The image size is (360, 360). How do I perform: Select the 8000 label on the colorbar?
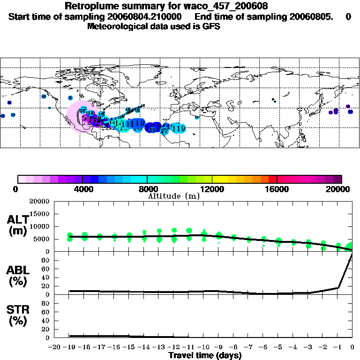(x=147, y=189)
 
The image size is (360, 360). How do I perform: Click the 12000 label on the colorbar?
(x=212, y=189)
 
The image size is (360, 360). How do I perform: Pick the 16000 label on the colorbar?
(x=277, y=189)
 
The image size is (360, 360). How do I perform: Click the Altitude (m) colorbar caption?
(x=173, y=196)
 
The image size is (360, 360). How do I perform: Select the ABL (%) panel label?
(x=19, y=276)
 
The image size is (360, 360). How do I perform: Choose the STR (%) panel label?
(x=19, y=315)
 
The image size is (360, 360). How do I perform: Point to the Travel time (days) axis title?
(x=205, y=355)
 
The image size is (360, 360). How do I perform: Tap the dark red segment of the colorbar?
(x=273, y=179)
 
